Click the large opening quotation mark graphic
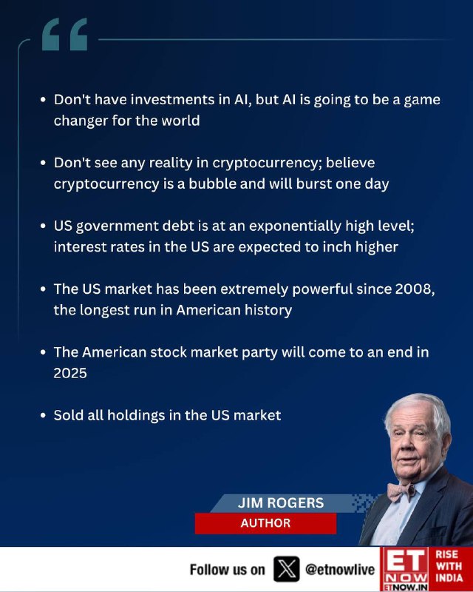(64, 34)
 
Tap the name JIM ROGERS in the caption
(281, 503)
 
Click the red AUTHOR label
(265, 523)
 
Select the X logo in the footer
(287, 569)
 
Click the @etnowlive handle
(340, 569)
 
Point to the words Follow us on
(227, 570)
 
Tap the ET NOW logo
(404, 569)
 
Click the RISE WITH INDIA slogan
(449, 566)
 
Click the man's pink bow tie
(401, 491)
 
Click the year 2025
(70, 373)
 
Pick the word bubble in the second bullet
(212, 184)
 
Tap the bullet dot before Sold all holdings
(43, 416)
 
